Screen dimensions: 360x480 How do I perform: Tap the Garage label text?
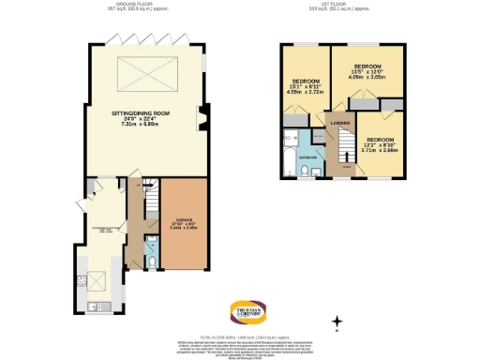click(x=182, y=224)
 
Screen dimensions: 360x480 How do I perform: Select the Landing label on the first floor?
click(x=338, y=131)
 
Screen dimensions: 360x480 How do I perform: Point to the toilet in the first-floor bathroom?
click(x=317, y=171)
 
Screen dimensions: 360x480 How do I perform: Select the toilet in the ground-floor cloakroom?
click(x=152, y=253)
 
